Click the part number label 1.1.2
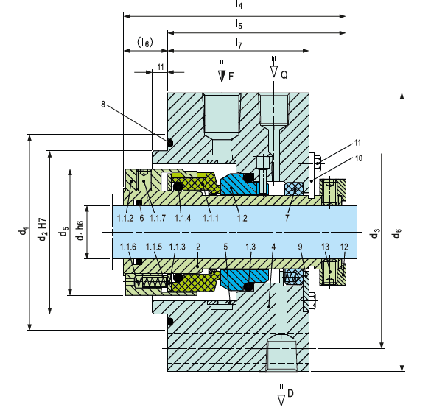125,219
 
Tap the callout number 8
103,105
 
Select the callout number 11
357,143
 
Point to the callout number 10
359,158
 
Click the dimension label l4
239,4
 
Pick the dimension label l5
239,25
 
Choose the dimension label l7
239,43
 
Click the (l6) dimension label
145,42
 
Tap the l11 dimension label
159,66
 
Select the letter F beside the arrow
231,76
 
